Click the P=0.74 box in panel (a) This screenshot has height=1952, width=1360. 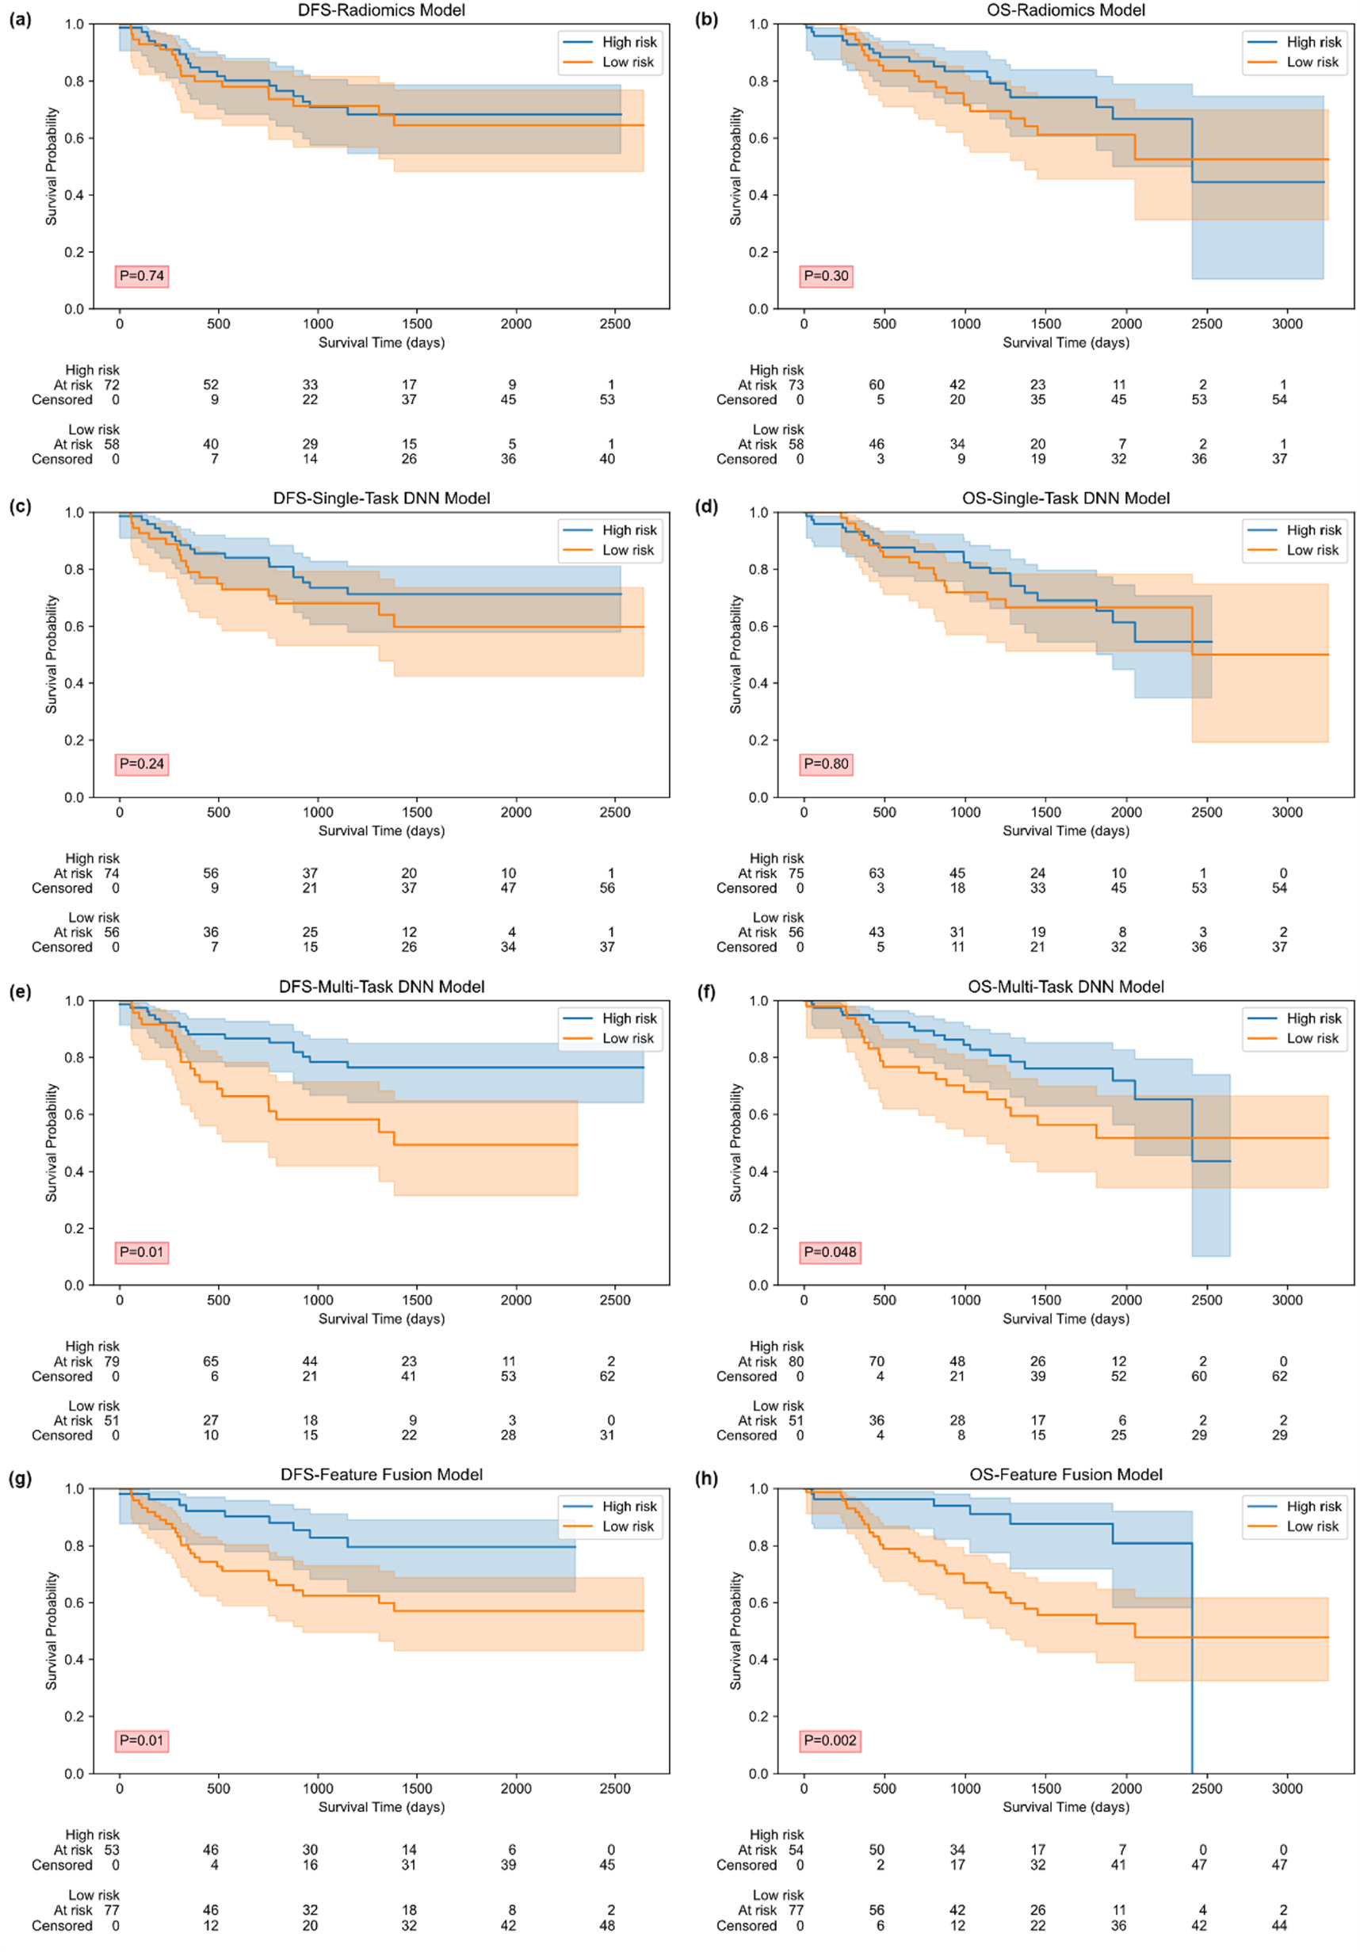[x=142, y=276]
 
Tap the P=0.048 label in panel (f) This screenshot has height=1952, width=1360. [x=830, y=1252]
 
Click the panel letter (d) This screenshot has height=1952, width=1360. [x=705, y=507]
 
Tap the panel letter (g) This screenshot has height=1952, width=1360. [x=21, y=1478]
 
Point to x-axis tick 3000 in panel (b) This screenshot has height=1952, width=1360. [x=1286, y=324]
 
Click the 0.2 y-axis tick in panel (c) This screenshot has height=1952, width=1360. [x=74, y=740]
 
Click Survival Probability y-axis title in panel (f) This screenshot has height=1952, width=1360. [x=735, y=1143]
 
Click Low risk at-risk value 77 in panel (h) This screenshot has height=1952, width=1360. [x=796, y=1910]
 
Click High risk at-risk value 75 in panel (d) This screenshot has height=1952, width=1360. [x=796, y=873]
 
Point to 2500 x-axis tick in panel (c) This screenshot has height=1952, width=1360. [x=614, y=812]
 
